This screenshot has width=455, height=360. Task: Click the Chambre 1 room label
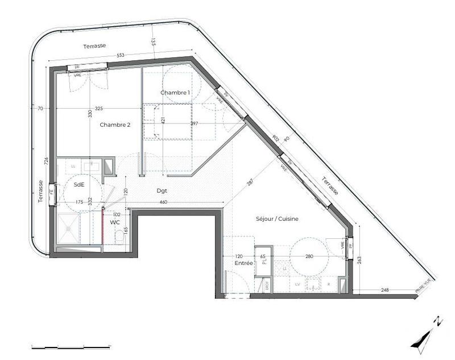pos(175,93)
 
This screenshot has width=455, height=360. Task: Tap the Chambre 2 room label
pos(115,125)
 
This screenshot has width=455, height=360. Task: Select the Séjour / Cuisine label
pos(277,218)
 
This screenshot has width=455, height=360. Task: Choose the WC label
pos(115,223)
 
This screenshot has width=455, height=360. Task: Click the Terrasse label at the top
pos(94,46)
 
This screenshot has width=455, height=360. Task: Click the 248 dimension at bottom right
pos(384,291)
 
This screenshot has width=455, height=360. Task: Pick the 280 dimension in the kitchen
pos(309,256)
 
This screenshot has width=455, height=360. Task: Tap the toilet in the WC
pos(119,240)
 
